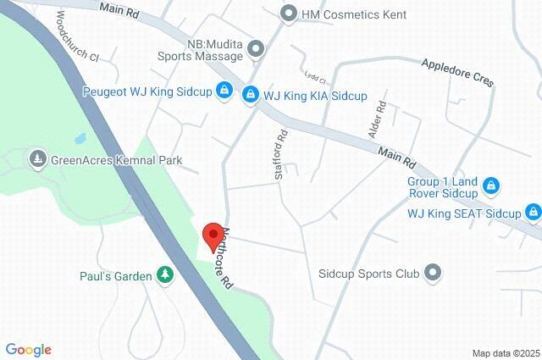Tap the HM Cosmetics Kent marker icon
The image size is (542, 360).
click(290, 14)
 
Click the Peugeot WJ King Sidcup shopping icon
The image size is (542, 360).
click(224, 91)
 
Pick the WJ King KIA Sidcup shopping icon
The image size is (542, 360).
click(250, 93)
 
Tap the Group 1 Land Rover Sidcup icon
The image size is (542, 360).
click(490, 185)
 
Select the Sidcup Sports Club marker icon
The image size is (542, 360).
click(433, 273)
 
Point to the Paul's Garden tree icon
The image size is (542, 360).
click(163, 275)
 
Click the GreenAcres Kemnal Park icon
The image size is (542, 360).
click(37, 158)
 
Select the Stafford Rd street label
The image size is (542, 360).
click(282, 152)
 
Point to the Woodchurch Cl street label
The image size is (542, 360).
click(79, 39)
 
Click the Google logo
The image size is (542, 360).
click(28, 349)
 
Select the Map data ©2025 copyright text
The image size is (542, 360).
click(506, 352)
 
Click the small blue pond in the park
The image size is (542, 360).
click(80, 137)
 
